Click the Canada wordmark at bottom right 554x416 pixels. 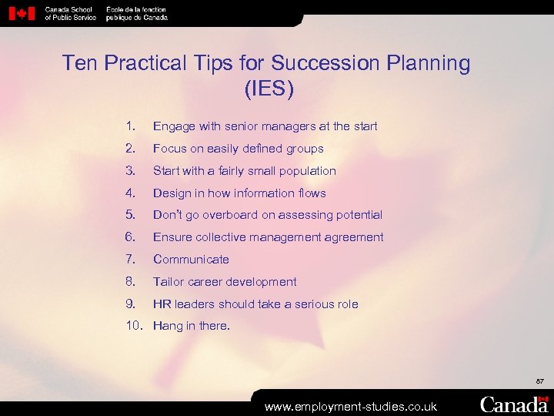(515, 404)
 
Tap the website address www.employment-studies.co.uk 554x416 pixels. (351, 406)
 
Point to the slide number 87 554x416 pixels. (539, 381)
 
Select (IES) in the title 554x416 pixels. (269, 89)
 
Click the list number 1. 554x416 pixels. (131, 126)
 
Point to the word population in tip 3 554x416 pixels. (305, 171)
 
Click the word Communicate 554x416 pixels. (191, 260)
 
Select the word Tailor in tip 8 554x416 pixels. (169, 282)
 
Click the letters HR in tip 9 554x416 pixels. (162, 304)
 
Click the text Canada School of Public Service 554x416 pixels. (71, 13)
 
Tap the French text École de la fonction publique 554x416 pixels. (136, 13)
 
